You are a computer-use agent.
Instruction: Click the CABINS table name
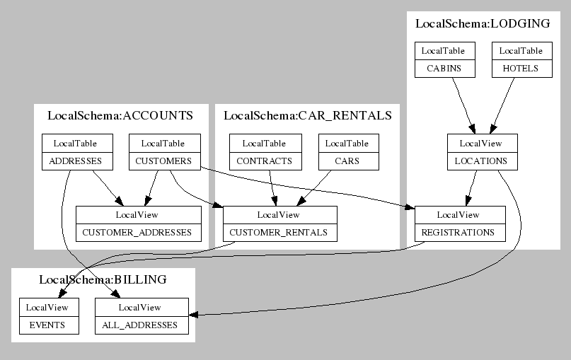[x=444, y=69]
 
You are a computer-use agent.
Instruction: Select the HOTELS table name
[x=520, y=69]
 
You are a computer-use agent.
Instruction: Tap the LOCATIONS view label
[x=480, y=161]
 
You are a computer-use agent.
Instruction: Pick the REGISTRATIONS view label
[x=458, y=232]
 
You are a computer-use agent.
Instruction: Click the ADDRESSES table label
[x=76, y=161]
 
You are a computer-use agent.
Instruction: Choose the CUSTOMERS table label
[x=163, y=161]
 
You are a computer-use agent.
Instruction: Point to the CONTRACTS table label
[x=264, y=161]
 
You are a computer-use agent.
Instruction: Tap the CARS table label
[x=347, y=161]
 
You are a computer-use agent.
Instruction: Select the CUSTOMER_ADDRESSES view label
[x=137, y=232]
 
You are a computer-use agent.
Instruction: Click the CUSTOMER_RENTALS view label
[x=278, y=232]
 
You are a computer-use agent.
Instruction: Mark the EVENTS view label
[x=47, y=325]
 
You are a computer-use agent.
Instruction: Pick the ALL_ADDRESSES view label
[x=140, y=325]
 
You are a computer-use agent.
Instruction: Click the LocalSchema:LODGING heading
[x=483, y=23]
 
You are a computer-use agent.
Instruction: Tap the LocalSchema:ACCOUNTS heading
[x=120, y=116]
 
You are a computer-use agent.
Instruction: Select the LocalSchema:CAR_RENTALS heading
[x=308, y=116]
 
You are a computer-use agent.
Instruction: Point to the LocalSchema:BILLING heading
[x=103, y=279]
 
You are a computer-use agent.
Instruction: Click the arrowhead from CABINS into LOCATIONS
[x=473, y=129]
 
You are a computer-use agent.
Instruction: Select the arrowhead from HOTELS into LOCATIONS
[x=492, y=129]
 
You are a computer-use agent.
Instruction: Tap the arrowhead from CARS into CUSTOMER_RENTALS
[x=301, y=202]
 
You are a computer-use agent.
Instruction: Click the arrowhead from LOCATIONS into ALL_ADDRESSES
[x=193, y=315]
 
